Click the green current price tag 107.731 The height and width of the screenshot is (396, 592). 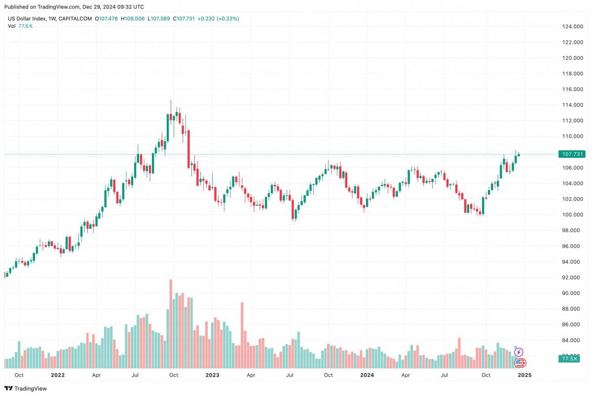coord(572,154)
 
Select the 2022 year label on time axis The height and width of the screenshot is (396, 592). coord(58,375)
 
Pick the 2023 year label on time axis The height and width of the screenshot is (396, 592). coord(212,375)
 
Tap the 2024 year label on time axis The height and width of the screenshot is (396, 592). coord(367,375)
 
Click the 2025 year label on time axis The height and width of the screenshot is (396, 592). coord(523,375)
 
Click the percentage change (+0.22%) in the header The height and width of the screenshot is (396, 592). coord(226,19)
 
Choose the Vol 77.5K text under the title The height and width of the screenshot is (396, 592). coord(20,26)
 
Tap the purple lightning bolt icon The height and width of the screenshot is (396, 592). coord(518,353)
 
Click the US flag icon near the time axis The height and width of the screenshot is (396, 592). coord(519,363)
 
